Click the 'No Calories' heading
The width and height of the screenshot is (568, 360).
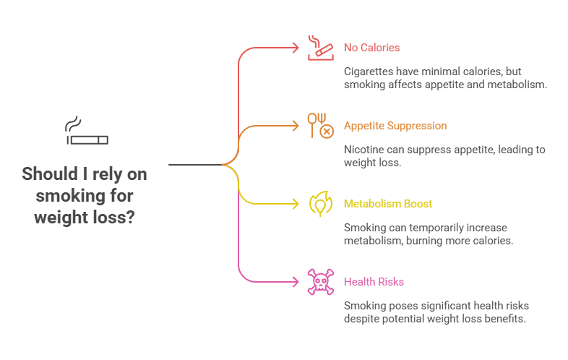pos(371,48)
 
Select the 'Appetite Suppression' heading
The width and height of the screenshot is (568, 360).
pos(395,126)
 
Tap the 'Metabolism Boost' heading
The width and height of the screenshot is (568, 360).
pos(387,204)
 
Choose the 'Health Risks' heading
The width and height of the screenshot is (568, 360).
pos(374,281)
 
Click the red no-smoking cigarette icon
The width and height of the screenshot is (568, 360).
pos(319,48)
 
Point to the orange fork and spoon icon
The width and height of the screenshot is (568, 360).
pos(319,125)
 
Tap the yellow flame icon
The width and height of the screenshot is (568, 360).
pos(319,204)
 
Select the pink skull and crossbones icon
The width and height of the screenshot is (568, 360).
pos(319,281)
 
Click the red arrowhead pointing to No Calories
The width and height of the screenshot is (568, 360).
pos(295,48)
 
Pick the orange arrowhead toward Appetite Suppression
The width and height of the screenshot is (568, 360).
pos(295,126)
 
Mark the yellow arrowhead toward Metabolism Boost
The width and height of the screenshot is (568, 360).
pos(295,204)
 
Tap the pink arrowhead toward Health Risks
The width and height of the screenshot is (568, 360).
pos(295,281)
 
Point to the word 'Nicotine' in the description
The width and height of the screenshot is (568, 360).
pos(363,150)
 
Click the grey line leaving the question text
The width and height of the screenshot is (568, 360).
pos(195,165)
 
